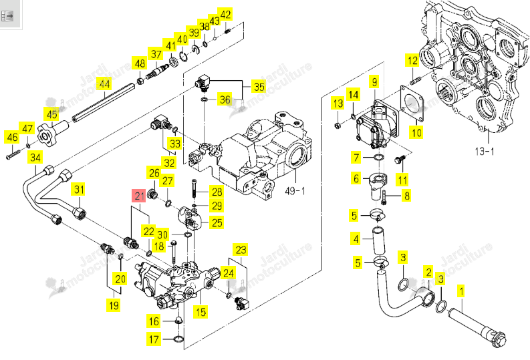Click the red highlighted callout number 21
pos(140,196)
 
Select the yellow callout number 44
pos(104,83)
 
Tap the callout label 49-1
pos(295,191)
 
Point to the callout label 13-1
pos(485,152)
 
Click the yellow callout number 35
pos(259,87)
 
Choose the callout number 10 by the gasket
pos(416,132)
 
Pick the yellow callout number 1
pos(460,291)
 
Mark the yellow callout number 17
pos(154,339)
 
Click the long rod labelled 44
pos(104,102)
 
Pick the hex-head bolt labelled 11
pos(400,160)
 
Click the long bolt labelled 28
pos(194,189)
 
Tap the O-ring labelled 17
pos(178,339)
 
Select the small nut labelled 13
pos(337,126)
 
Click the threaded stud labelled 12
pos(414,81)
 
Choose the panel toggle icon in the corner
pos(7,15)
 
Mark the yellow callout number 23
pos(241,250)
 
